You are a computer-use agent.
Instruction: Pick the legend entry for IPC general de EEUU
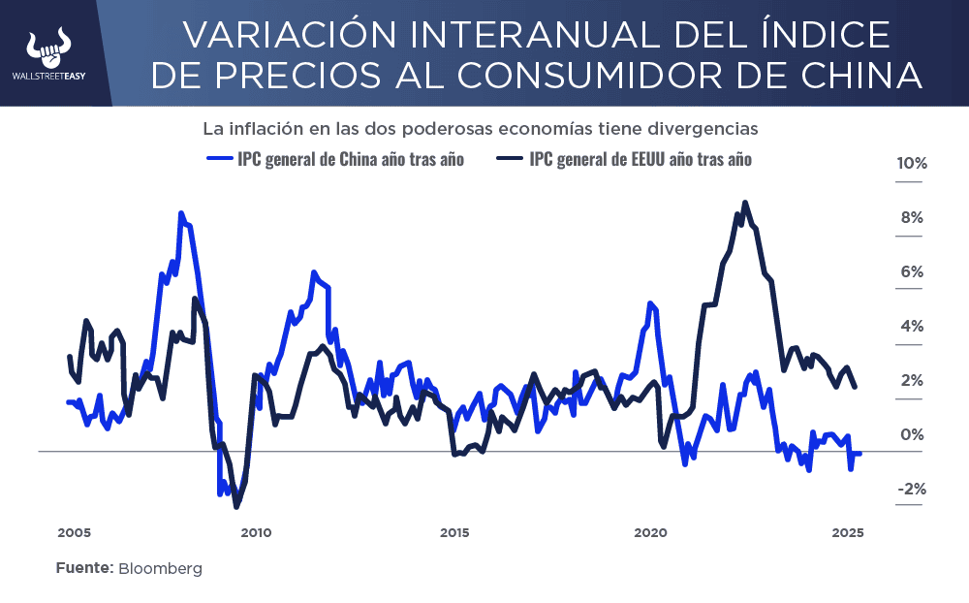tap(624, 159)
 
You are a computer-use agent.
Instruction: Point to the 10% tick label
tap(912, 164)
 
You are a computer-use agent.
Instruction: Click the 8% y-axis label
tap(912, 218)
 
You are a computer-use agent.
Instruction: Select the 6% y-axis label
tap(912, 272)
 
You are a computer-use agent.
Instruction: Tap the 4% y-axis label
tap(912, 327)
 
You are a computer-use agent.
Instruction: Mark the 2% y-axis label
tap(912, 381)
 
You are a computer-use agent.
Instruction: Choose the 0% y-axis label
tap(912, 435)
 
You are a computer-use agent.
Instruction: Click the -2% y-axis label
tap(910, 490)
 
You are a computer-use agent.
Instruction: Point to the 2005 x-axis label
tap(74, 532)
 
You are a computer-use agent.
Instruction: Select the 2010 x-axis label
tap(255, 532)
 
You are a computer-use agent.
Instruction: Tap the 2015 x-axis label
tap(454, 532)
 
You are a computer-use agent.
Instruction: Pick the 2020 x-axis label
tap(650, 532)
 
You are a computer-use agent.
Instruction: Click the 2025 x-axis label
tap(848, 532)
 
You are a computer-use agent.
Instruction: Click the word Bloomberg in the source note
tap(161, 569)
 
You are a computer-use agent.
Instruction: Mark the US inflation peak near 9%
tap(744, 203)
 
